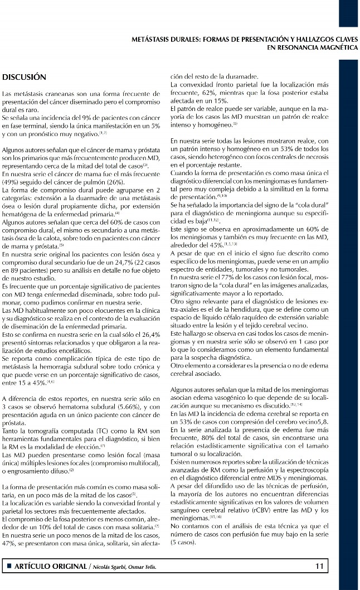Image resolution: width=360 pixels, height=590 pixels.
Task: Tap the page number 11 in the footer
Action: click(x=319, y=565)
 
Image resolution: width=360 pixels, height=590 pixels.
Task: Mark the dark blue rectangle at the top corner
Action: click(x=348, y=13)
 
